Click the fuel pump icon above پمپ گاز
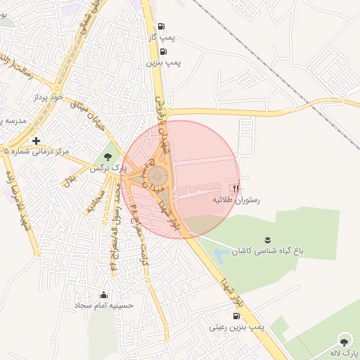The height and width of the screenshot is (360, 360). pyautogui.click(x=163, y=25)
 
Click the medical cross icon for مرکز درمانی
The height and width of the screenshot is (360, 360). pyautogui.click(x=36, y=141)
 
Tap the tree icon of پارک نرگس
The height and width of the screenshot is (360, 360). pyautogui.click(x=108, y=157)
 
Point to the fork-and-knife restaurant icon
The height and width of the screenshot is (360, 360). pyautogui.click(x=236, y=188)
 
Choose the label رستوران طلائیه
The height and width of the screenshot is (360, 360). pyautogui.click(x=237, y=200)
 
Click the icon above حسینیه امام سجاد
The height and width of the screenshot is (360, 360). pyautogui.click(x=104, y=295)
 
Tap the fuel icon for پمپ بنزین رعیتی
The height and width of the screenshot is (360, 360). pyautogui.click(x=235, y=316)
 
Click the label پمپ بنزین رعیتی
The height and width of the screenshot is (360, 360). pyautogui.click(x=236, y=328)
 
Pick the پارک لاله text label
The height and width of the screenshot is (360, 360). pyautogui.click(x=345, y=350)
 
